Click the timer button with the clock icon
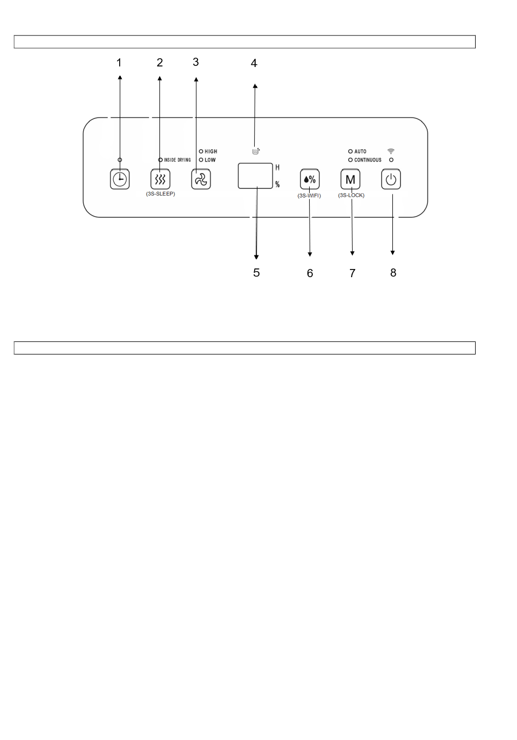120,179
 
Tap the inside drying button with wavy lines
160,179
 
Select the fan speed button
201,179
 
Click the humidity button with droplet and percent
310,179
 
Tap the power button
391,179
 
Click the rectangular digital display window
255,176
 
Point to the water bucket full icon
256,151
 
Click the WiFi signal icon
391,151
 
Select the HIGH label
211,151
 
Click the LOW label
210,160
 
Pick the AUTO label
360,151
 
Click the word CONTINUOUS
368,160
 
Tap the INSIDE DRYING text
177,160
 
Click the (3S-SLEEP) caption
161,194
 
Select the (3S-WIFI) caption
309,195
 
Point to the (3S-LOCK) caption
351,195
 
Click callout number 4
254,64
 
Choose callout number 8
393,273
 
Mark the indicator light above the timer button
120,160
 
